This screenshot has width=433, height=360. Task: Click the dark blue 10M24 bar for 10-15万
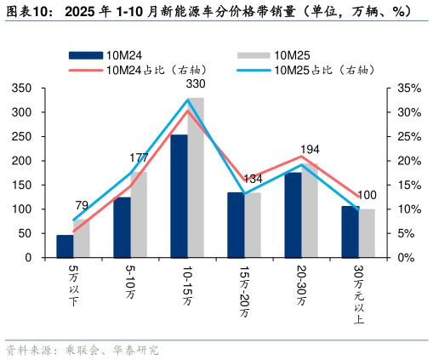pos(179,197)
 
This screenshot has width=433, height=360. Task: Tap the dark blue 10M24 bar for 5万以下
pos(65,246)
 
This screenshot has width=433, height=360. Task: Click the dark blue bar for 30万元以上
pos(350,231)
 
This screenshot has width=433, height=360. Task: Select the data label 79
pos(82,205)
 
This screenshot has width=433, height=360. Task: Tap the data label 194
pos(310,150)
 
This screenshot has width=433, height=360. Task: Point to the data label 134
pos(253,179)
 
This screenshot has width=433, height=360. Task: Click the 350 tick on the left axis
pos(23,89)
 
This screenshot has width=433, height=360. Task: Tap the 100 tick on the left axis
pos(23,209)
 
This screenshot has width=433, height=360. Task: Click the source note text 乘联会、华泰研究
pos(111,350)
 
